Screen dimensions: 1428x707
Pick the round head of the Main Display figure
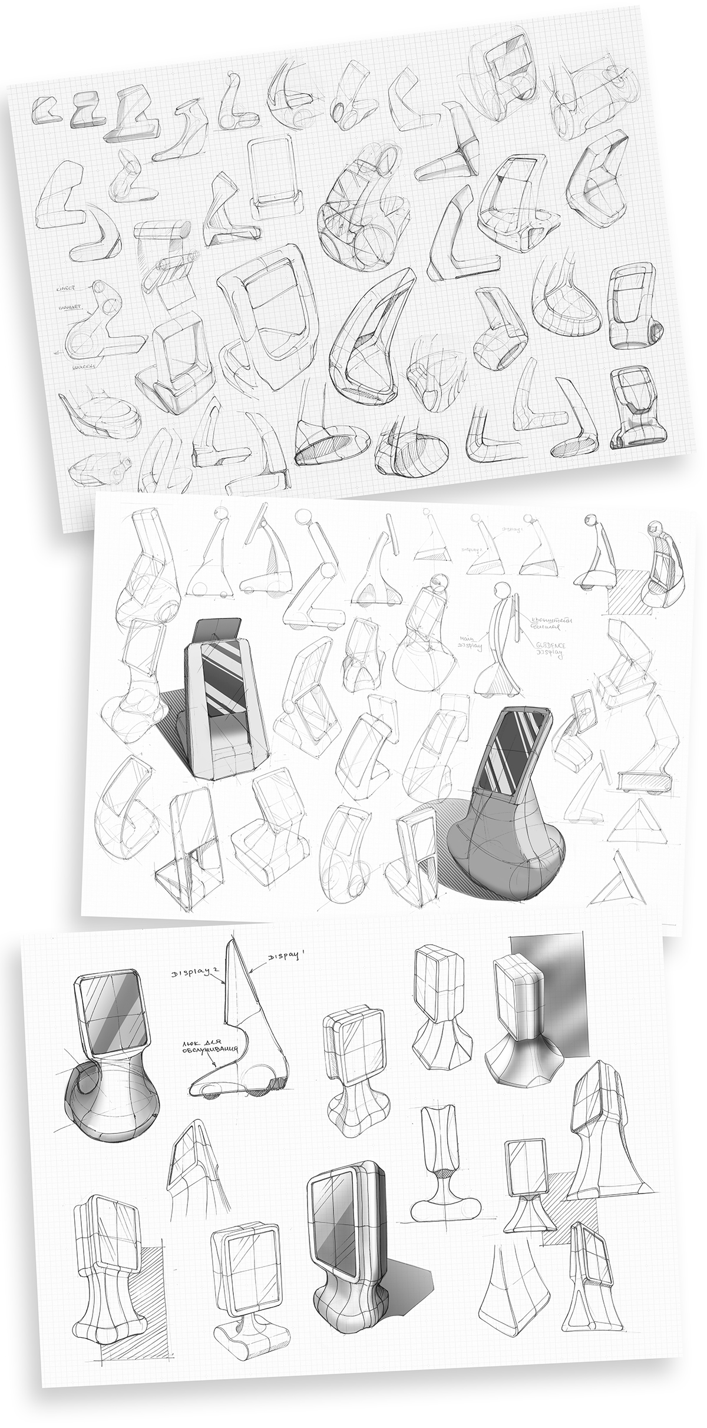(x=502, y=590)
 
